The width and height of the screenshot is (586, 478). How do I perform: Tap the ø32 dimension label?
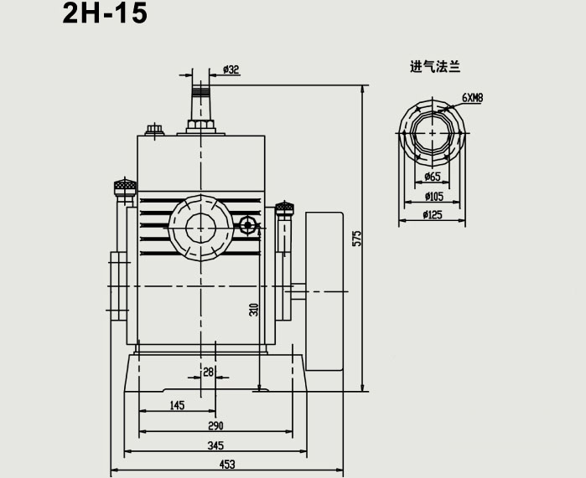pyautogui.click(x=231, y=70)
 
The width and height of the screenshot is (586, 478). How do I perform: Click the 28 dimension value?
pyautogui.click(x=209, y=372)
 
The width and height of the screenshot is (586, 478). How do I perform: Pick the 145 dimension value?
pyautogui.click(x=177, y=406)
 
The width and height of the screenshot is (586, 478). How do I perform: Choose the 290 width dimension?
pyautogui.click(x=215, y=425)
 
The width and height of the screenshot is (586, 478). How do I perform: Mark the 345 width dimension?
pyautogui.click(x=215, y=445)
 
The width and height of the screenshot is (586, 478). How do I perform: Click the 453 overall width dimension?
pyautogui.click(x=226, y=465)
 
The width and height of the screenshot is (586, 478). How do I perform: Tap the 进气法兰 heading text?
pyautogui.click(x=435, y=67)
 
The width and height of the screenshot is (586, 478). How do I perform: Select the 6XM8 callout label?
pyautogui.click(x=472, y=98)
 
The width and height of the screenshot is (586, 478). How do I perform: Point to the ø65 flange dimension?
pyautogui.click(x=433, y=177)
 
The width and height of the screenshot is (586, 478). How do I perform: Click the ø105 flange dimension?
pyautogui.click(x=433, y=197)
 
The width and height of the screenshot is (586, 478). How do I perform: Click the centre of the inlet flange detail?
pyautogui.click(x=433, y=132)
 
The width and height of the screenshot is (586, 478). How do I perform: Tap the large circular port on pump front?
pyautogui.click(x=201, y=226)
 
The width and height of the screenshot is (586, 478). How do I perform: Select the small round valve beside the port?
pyautogui.click(x=247, y=224)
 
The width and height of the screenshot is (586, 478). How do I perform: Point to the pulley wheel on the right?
pyautogui.click(x=324, y=290)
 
